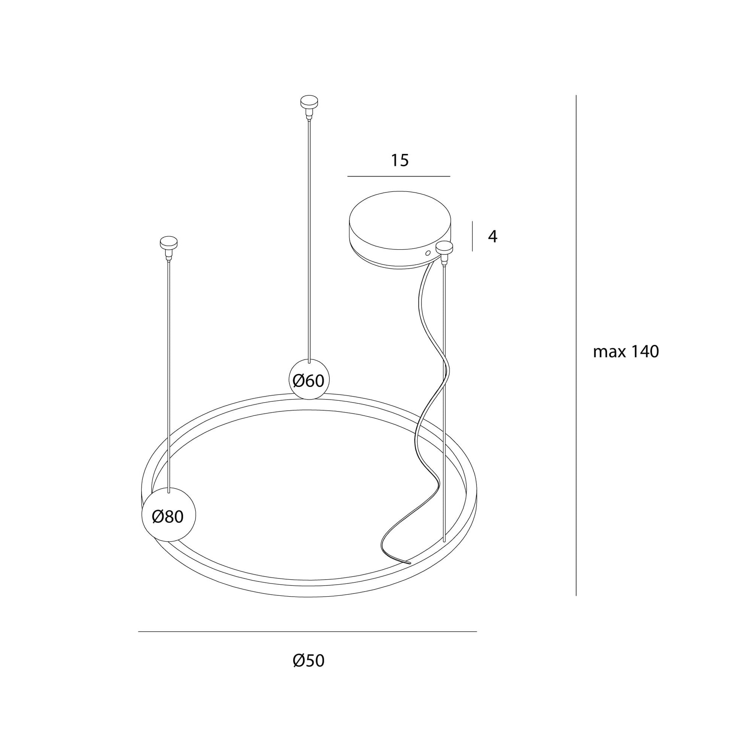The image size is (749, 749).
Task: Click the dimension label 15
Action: pyautogui.click(x=400, y=160)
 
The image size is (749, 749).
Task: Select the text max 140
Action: pyautogui.click(x=626, y=352)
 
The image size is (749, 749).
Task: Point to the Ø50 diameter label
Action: pyautogui.click(x=309, y=660)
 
